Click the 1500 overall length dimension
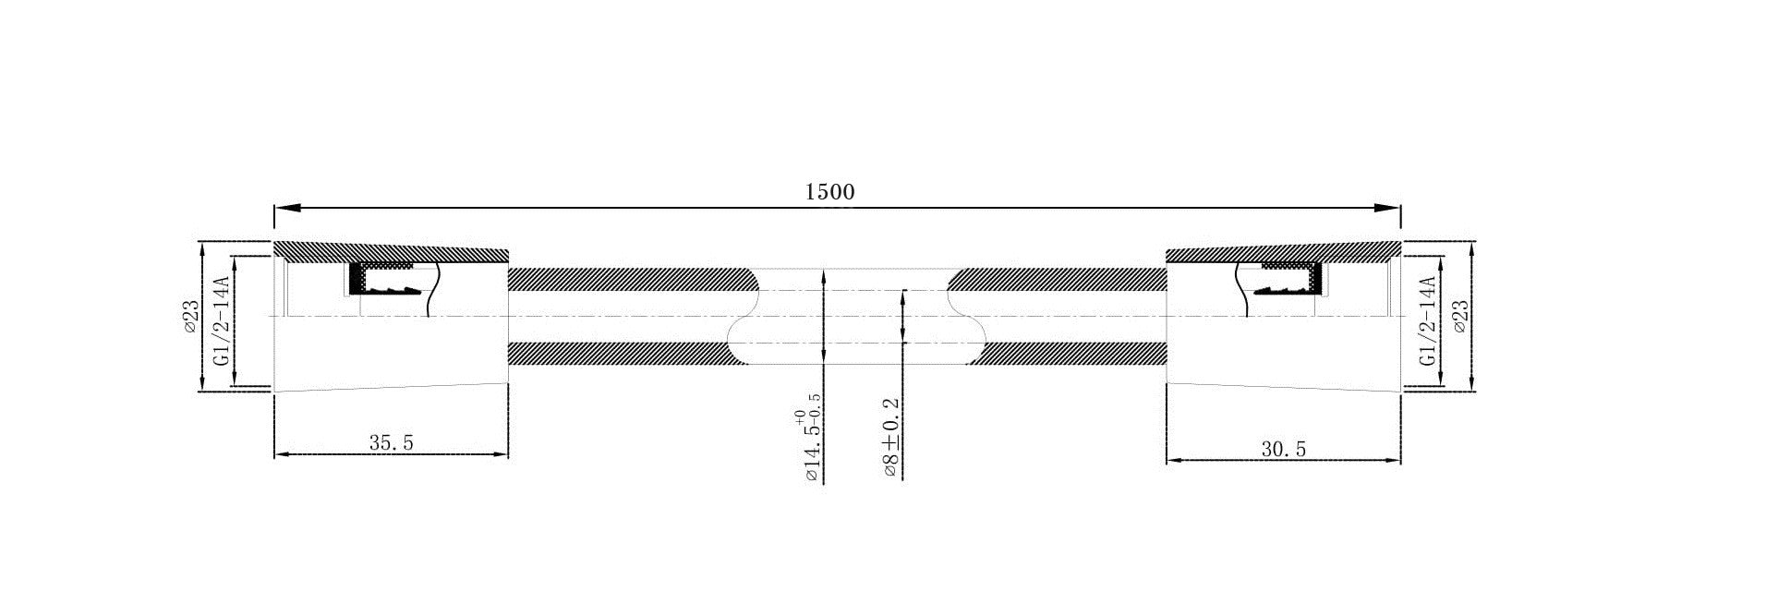[x=830, y=192]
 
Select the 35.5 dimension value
[x=392, y=443]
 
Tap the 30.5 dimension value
[x=1284, y=450]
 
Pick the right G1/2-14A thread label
[x=1427, y=320]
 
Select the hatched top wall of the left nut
[x=388, y=250]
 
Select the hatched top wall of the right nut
[x=1284, y=252]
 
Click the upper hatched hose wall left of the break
[x=628, y=277]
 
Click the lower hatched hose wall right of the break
[x=1071, y=353]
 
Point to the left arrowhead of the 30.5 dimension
[x=1174, y=459]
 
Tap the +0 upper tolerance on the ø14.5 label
[x=798, y=417]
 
